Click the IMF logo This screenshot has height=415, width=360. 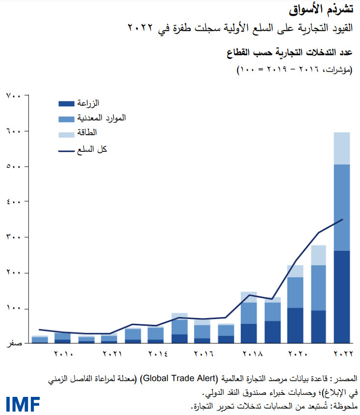click(23, 404)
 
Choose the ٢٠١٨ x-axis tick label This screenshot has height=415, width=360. click(249, 354)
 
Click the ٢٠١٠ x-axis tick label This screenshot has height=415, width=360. click(64, 354)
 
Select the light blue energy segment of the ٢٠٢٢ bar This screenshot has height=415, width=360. click(341, 148)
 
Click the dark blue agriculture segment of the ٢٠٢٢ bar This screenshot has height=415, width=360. click(341, 296)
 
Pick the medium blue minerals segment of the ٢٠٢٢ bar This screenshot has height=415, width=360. click(341, 207)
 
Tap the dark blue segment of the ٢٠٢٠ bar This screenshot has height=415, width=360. click(295, 325)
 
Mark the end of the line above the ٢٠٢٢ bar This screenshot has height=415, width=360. click(342, 219)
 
